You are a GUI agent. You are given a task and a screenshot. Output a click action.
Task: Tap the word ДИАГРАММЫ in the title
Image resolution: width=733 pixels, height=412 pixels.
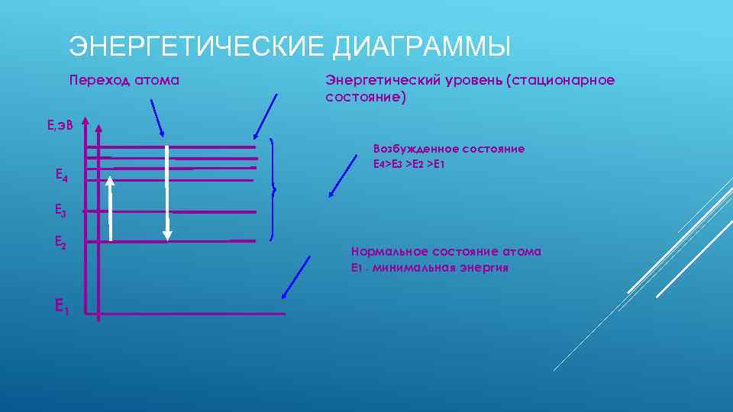422,47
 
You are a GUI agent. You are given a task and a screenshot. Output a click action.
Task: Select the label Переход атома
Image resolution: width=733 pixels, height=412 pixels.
124,80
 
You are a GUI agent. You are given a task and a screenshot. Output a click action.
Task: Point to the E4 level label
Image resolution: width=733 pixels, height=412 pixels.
62,175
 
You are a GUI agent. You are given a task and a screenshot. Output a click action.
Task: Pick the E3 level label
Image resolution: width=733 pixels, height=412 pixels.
61,209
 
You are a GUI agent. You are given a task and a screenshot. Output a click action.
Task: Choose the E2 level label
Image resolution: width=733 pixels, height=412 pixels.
61,243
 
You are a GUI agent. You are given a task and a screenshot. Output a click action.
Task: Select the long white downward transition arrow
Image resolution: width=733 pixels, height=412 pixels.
167,191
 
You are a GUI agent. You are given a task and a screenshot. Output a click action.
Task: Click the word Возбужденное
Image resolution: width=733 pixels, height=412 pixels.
411,149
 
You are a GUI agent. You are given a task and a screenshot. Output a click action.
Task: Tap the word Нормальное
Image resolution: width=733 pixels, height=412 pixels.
389,252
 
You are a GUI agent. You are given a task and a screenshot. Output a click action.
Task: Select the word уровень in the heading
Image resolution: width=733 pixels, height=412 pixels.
470,80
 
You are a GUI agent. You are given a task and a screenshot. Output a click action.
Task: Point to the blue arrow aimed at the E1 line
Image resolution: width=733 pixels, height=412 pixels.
296,277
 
